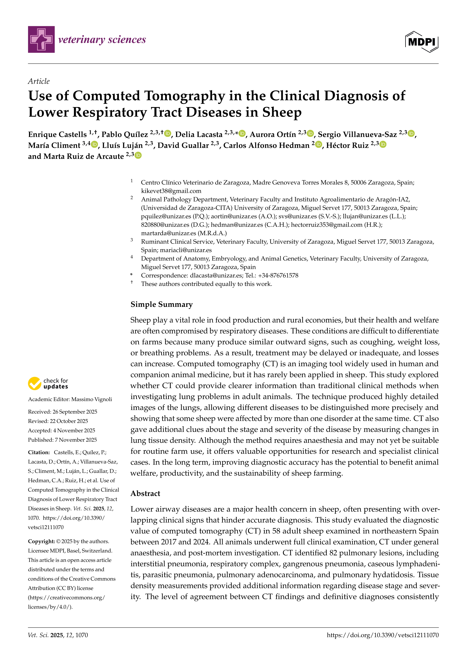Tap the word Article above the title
pyautogui.click(x=39, y=81)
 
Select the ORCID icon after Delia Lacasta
pyautogui.click(x=242, y=134)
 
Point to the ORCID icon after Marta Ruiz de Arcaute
pyautogui.click(x=138, y=156)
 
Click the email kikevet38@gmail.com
pyautogui.click(x=171, y=191)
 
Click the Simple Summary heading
pyautogui.click(x=161, y=304)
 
